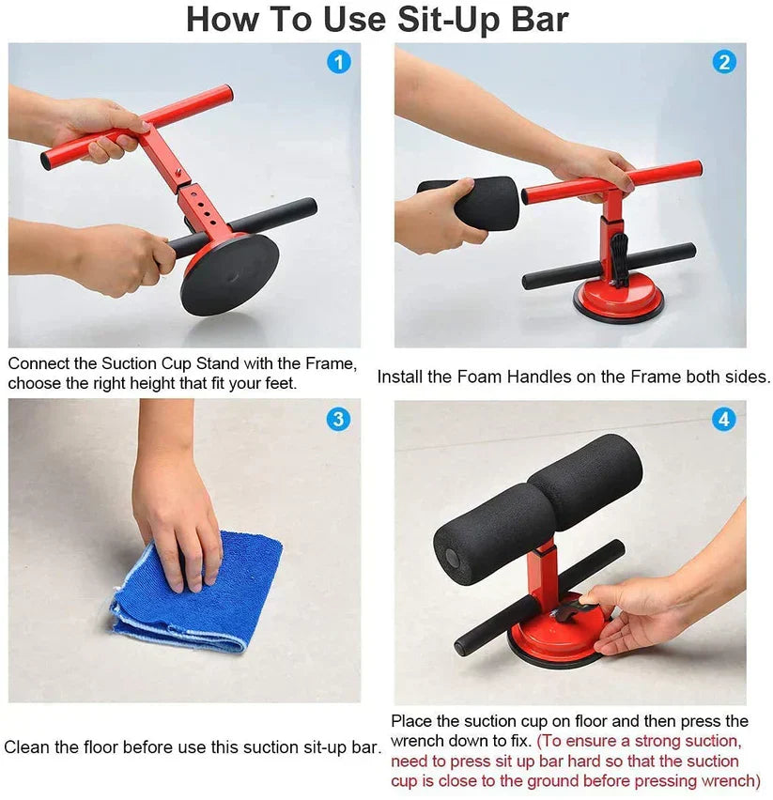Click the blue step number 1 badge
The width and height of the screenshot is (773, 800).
pyautogui.click(x=338, y=62)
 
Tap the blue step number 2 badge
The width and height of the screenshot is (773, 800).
pyautogui.click(x=723, y=62)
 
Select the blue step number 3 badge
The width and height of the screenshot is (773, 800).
pyautogui.click(x=338, y=419)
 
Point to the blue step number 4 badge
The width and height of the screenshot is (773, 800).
pyautogui.click(x=723, y=419)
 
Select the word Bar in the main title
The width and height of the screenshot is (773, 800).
pyautogui.click(x=540, y=20)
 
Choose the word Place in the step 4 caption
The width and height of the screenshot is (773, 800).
pyautogui.click(x=411, y=721)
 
